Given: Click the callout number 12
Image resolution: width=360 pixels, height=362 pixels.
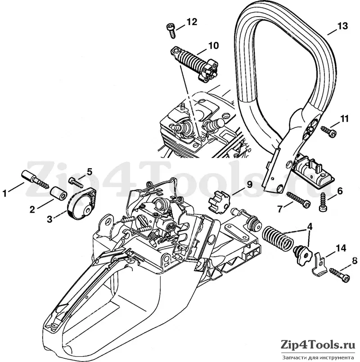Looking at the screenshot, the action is [192, 22].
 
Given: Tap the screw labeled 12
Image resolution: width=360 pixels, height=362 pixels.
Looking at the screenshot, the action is [171, 31].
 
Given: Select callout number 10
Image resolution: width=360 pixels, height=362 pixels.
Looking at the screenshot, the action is [213, 45].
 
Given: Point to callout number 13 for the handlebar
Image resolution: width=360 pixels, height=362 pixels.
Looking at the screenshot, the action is [342, 26].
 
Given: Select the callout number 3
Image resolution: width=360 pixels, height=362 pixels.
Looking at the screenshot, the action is [49, 219].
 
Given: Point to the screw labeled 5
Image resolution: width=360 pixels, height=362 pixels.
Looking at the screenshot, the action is [76, 181].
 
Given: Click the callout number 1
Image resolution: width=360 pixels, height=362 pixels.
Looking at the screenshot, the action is [4, 193].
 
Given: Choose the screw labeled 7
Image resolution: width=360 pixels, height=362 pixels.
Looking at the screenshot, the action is [298, 200].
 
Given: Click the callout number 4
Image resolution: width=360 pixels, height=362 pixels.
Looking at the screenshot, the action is [310, 227].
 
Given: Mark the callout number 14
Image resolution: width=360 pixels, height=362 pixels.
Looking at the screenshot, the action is [341, 248].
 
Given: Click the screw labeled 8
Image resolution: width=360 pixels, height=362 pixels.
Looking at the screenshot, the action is [339, 275].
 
